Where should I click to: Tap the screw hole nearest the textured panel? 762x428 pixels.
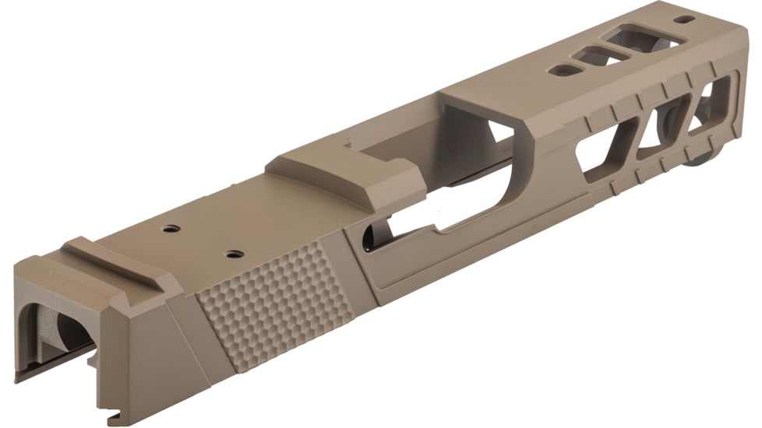pos(231,254)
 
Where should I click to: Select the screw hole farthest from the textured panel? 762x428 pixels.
pos(169,230)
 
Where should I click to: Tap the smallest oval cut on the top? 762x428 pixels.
pos(562,70)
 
